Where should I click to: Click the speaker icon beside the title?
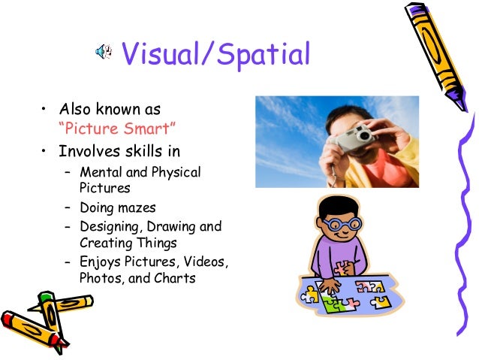tap(104, 52)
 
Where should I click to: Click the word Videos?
tap(203, 262)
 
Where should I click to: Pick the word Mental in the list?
tap(101, 173)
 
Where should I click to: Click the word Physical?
tap(176, 173)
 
